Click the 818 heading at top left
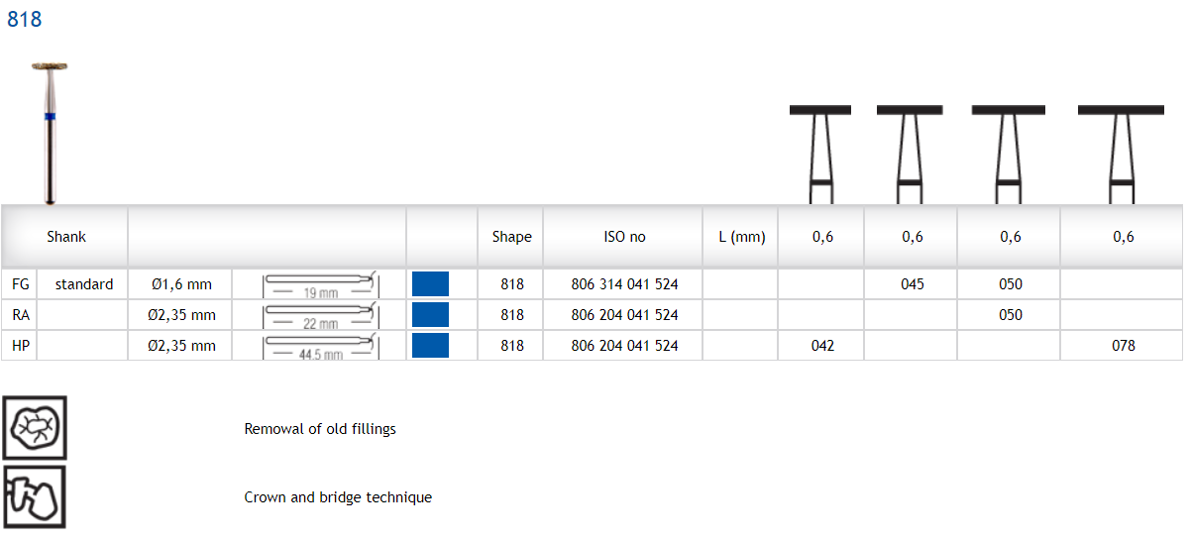point(25,19)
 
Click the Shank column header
point(66,237)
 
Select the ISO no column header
point(624,237)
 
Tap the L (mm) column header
point(741,237)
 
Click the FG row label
point(20,284)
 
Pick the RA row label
point(20,315)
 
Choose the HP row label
point(20,346)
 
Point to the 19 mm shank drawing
point(320,285)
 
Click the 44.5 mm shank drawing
point(320,347)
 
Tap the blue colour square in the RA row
point(430,315)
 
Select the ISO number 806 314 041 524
point(624,284)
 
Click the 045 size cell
point(912,284)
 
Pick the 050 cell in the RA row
point(1010,315)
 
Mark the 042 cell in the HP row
point(821,346)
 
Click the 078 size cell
point(1123,346)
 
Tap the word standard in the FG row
point(84,284)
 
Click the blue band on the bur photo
point(50,117)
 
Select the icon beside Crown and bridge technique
point(35,496)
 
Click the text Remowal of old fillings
point(320,429)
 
